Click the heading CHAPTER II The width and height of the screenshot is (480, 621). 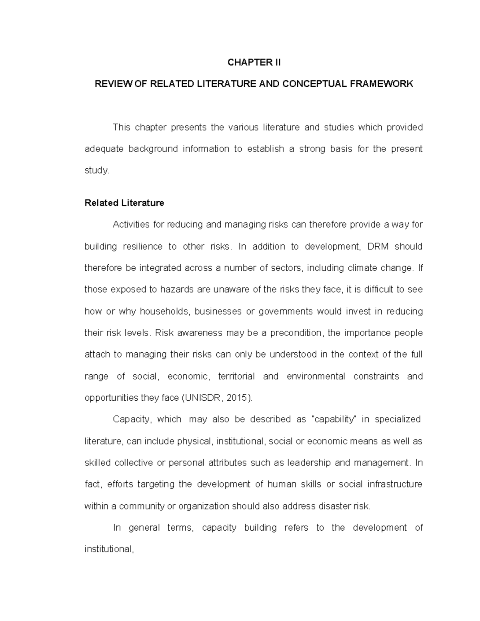pyautogui.click(x=254, y=62)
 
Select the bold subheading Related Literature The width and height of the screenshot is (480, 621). pyautogui.click(x=124, y=203)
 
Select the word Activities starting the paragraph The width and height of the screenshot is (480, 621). pyautogui.click(x=131, y=225)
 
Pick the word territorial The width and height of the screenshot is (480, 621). pyautogui.click(x=236, y=376)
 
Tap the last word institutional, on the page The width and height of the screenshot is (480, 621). pyautogui.click(x=108, y=549)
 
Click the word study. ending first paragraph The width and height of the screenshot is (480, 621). pyautogui.click(x=96, y=171)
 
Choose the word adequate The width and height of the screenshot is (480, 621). pyautogui.click(x=102, y=149)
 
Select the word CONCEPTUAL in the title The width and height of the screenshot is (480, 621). pyautogui.click(x=311, y=84)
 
